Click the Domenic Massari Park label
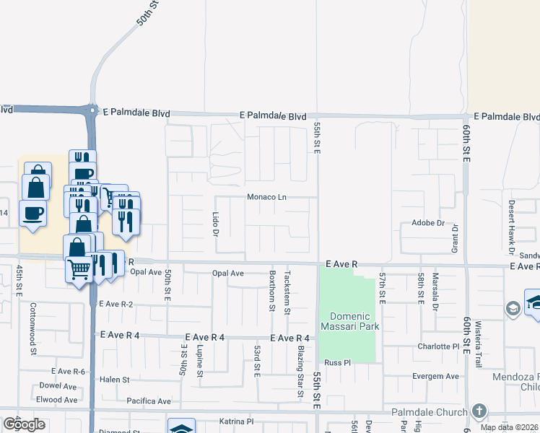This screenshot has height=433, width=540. tap(350, 321)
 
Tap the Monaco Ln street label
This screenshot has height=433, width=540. tap(267, 197)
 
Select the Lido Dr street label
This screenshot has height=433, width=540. tap(215, 224)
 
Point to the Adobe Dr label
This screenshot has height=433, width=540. tap(428, 223)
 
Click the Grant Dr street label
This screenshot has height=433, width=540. tap(455, 237)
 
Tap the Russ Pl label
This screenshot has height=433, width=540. tap(337, 362)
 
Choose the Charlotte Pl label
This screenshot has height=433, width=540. tap(438, 346)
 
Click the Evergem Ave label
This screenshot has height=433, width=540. tap(437, 376)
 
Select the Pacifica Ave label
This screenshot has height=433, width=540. tap(149, 401)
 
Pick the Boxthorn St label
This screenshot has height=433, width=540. tap(272, 291)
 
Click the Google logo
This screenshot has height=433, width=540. tap(23, 424)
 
